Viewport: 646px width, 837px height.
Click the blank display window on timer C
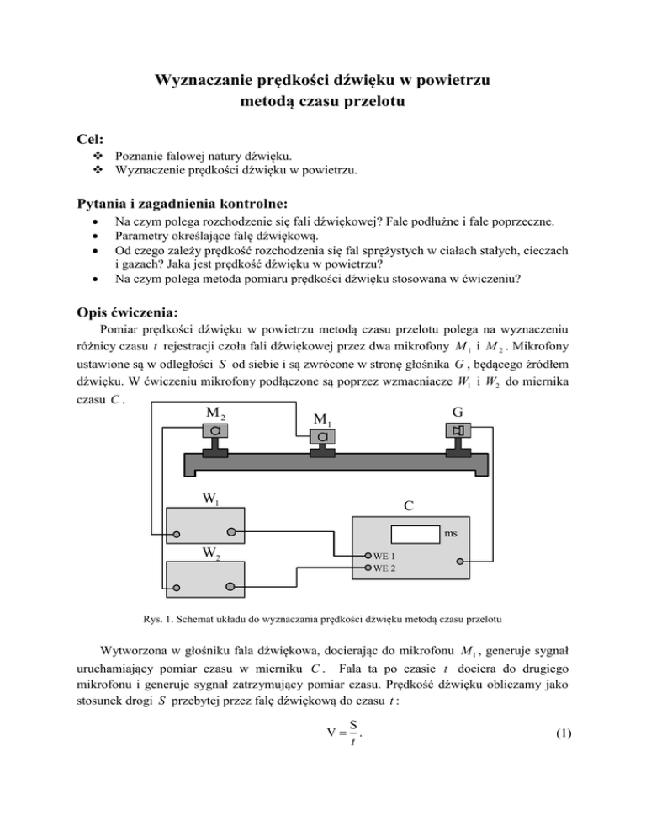tap(416, 532)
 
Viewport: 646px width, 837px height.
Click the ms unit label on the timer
tap(453, 533)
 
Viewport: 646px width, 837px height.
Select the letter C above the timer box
tap(406, 507)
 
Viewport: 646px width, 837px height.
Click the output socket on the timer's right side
tap(460, 559)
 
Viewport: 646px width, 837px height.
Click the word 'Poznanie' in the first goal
tap(141, 157)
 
